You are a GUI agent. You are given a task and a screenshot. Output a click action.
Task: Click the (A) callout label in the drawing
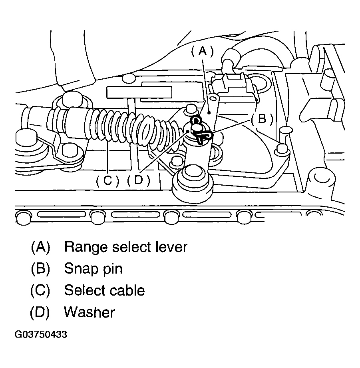pyautogui.click(x=203, y=51)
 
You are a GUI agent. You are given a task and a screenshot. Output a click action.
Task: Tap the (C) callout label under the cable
pyautogui.click(x=107, y=181)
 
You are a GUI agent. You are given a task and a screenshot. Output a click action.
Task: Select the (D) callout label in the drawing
pyautogui.click(x=138, y=181)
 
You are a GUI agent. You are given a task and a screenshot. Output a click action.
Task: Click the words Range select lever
pyautogui.click(x=125, y=247)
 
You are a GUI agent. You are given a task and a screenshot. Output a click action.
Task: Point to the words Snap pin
pyautogui.click(x=93, y=268)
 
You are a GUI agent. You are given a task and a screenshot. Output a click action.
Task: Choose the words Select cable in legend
pyautogui.click(x=104, y=290)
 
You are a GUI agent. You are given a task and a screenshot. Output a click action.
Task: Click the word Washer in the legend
pyautogui.click(x=90, y=312)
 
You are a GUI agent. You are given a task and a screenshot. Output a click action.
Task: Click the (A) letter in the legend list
pyautogui.click(x=40, y=247)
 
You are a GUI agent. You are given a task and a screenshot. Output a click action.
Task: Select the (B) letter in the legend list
pyautogui.click(x=40, y=268)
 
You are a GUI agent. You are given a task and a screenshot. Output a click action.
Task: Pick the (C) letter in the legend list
pyautogui.click(x=40, y=290)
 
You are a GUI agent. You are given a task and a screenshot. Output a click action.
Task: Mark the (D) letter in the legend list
pyautogui.click(x=40, y=312)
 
